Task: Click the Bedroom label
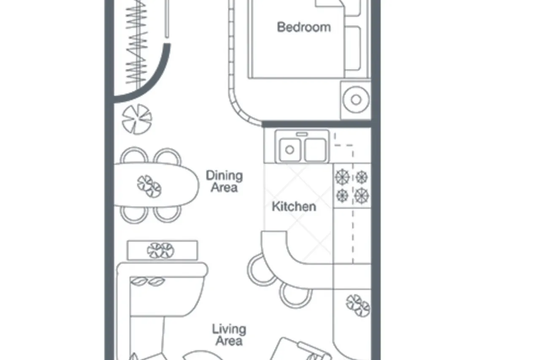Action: click(304, 27)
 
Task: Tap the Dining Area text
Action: click(224, 181)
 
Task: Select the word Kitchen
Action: click(294, 207)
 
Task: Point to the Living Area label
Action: click(229, 335)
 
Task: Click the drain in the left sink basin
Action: click(290, 150)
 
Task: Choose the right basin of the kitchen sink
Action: click(315, 150)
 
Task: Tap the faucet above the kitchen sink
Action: click(302, 134)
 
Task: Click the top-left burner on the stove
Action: click(342, 177)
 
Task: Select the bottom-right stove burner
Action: click(362, 195)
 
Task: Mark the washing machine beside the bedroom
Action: click(356, 100)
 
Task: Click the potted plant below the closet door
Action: click(137, 119)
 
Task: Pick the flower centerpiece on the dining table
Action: click(149, 186)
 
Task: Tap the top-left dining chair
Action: click(134, 155)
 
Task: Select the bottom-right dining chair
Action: click(167, 214)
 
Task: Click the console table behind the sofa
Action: click(162, 250)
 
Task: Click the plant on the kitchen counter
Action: click(358, 305)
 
